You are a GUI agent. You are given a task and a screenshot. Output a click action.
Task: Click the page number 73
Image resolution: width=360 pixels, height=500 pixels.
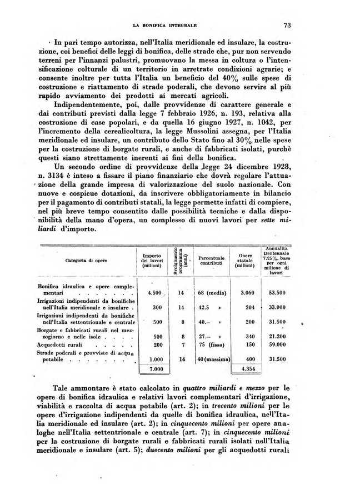[287, 25]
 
